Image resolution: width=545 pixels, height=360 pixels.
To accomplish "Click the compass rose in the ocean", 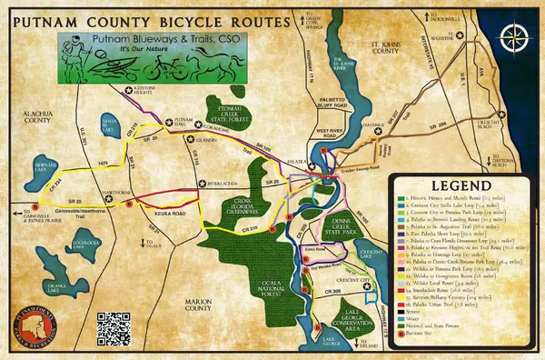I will [516, 39].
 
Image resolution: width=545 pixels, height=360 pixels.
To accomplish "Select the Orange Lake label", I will [58, 287].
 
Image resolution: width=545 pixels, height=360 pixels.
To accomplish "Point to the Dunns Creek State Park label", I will [344, 219].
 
